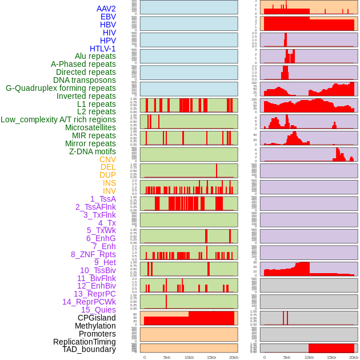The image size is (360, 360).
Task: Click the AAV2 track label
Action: click(106, 9)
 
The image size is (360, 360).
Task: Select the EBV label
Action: click(108, 17)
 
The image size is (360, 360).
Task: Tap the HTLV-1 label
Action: click(102, 49)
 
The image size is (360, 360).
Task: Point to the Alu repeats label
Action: click(95, 56)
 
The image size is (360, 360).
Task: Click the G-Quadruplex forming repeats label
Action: click(61, 88)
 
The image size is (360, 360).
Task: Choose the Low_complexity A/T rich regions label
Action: click(58, 119)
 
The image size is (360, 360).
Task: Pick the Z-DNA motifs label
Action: click(92, 151)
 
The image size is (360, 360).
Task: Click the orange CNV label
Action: click(107, 159)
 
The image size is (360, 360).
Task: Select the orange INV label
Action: click(109, 191)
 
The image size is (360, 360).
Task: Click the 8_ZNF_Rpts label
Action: click(93, 254)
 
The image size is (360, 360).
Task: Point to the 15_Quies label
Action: click(98, 310)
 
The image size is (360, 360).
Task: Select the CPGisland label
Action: click(97, 318)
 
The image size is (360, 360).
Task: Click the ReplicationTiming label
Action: click(84, 342)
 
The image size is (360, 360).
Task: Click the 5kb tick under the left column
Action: click(167, 357)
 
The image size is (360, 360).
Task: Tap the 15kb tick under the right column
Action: click(331, 357)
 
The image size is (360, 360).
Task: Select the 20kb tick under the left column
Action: click(234, 357)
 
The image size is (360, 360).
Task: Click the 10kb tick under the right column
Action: click(309, 357)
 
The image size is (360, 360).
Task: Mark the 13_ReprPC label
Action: click(94, 294)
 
